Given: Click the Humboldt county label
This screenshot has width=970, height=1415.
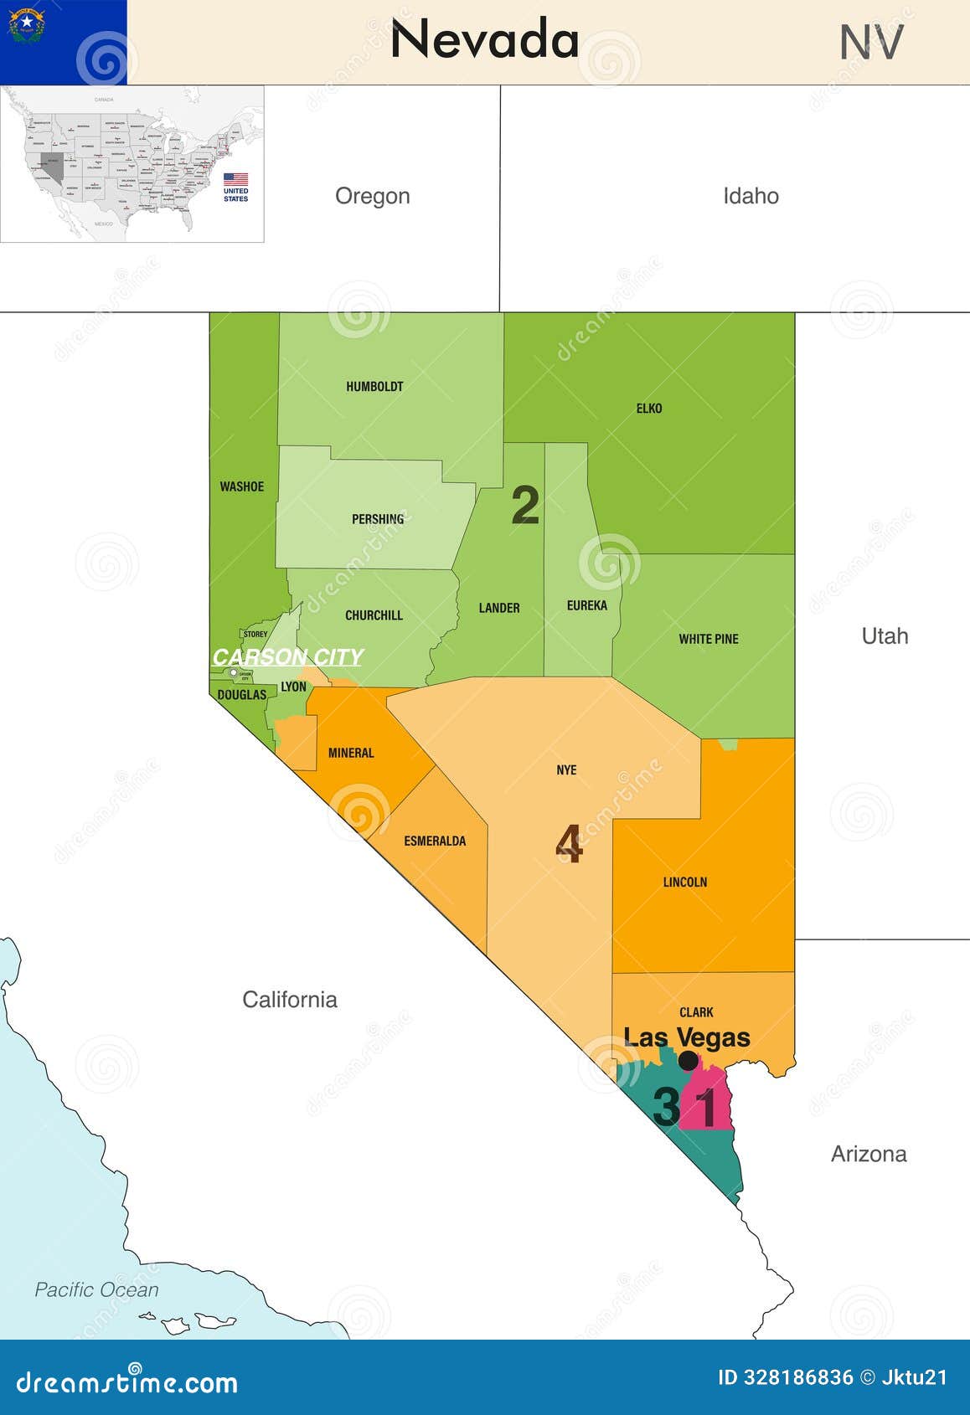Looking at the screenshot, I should click(374, 387).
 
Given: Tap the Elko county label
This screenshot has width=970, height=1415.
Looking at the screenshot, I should click(649, 409).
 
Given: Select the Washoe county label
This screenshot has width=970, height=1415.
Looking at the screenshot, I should click(241, 486).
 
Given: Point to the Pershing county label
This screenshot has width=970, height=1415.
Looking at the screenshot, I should click(378, 519).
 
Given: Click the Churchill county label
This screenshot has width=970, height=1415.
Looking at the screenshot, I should click(374, 615).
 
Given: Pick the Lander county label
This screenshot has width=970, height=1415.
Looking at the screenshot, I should click(499, 608).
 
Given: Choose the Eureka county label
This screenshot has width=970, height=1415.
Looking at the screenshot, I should click(586, 605).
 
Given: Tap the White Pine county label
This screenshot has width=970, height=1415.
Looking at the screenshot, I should click(709, 639).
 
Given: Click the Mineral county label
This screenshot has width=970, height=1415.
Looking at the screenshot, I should click(351, 753).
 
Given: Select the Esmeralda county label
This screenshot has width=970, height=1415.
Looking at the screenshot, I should click(435, 841).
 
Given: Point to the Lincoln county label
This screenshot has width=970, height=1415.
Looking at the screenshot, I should click(685, 882).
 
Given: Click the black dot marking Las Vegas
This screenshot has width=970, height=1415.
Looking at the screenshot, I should click(688, 1061).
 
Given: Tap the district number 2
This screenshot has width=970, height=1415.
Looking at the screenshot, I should click(525, 505).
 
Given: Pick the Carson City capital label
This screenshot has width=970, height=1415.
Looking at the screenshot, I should click(287, 656).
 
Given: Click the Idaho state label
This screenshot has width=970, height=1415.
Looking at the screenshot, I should click(751, 196).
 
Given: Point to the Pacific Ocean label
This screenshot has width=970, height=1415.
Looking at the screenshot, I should click(96, 1289).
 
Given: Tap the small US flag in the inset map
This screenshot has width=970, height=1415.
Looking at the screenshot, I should click(235, 179).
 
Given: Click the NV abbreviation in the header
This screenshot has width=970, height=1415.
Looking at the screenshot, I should click(871, 43).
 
